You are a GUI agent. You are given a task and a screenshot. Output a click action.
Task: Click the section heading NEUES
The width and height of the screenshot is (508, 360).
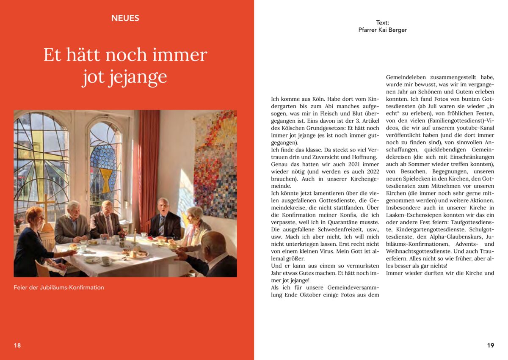point(125,18)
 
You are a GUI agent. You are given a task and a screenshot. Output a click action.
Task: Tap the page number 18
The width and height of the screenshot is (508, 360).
point(17,345)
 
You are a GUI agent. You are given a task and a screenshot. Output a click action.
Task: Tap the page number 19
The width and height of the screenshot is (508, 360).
point(490,345)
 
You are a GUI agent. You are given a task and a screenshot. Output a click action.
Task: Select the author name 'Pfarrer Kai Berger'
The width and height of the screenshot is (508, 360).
point(382,30)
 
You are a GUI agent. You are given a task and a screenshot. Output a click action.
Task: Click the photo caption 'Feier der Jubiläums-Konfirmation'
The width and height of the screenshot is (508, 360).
point(59,287)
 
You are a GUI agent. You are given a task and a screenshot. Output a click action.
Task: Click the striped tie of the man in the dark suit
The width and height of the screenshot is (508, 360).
point(161,225)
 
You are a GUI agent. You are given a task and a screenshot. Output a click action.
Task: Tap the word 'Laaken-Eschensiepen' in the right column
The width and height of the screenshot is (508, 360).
point(414,214)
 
